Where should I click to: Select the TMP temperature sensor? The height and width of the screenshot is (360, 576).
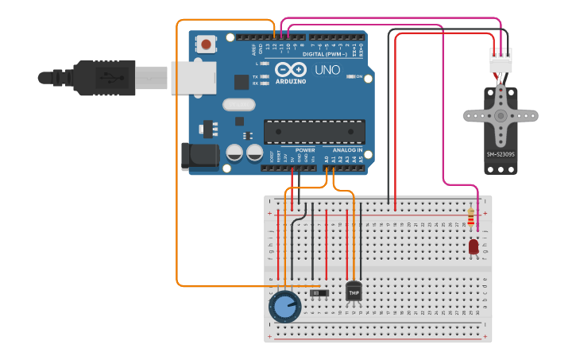354,292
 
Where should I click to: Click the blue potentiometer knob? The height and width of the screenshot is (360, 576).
284,306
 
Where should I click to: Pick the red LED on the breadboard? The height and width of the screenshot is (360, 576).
474,247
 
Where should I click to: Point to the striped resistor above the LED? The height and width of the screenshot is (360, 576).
471,216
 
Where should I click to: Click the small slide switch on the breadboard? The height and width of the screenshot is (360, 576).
319,293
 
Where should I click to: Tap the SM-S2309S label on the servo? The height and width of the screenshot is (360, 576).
501,154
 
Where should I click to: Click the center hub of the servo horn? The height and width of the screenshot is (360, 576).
501,115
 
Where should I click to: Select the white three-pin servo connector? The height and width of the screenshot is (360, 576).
501,60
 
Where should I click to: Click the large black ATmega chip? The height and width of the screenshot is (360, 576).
315,131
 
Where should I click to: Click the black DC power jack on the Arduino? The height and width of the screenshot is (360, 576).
199,157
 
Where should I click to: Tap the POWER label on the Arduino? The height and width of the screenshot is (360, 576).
305,150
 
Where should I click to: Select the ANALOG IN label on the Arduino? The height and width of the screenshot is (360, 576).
347,150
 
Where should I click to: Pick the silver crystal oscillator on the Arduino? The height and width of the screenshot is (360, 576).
238,104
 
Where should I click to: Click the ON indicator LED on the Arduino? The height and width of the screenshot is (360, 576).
350,77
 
